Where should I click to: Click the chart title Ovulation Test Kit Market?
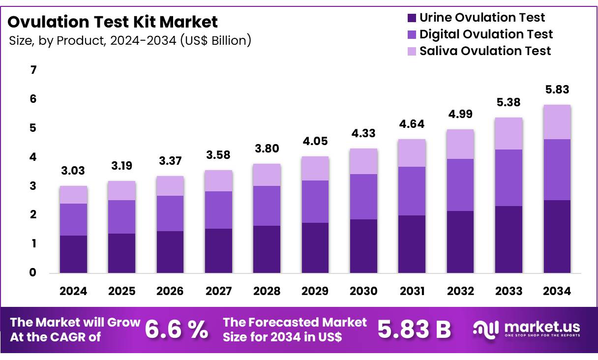[113, 22]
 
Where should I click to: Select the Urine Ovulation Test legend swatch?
[411, 18]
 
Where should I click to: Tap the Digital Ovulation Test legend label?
[486, 34]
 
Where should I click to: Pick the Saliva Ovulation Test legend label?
[485, 51]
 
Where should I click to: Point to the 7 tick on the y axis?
[33, 70]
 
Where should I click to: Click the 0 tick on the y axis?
[33, 272]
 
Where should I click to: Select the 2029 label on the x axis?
[315, 291]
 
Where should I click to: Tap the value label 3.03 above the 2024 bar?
[73, 171]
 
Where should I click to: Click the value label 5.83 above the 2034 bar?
[557, 90]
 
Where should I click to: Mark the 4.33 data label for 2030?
[363, 134]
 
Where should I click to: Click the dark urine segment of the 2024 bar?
[73, 254]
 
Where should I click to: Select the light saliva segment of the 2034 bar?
[557, 122]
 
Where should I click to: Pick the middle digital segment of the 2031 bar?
[412, 191]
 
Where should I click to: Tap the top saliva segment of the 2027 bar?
[219, 180]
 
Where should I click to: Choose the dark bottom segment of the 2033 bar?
[509, 240]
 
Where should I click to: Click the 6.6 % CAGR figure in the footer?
[177, 330]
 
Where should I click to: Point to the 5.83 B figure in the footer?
[414, 330]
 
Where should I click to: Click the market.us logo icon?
[486, 329]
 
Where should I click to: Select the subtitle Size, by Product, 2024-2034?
[130, 40]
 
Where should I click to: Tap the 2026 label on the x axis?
[170, 291]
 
